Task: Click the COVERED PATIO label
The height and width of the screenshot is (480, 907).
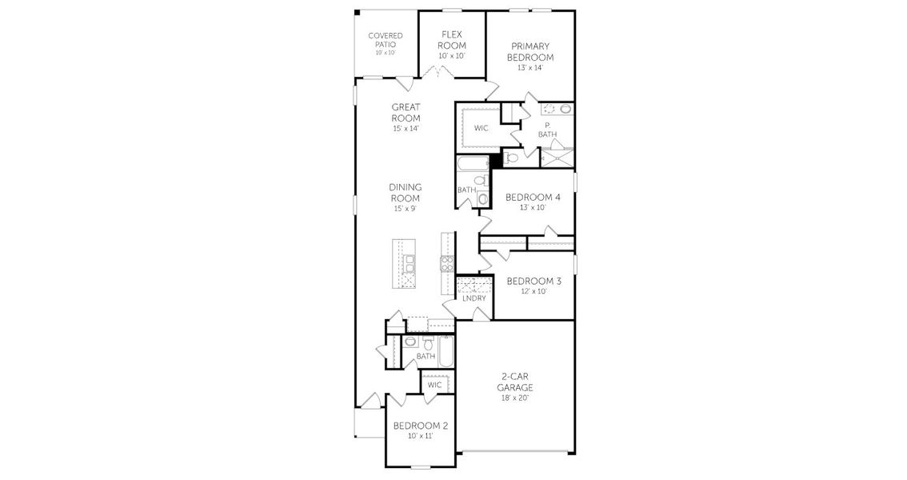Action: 385,40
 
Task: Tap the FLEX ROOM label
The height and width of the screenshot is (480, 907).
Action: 453,40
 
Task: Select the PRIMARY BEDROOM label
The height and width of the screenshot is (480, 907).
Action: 531,52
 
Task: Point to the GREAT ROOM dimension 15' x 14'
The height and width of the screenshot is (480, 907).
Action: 406,129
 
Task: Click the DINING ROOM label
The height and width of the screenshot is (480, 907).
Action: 406,193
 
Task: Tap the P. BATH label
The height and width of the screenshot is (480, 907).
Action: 547,130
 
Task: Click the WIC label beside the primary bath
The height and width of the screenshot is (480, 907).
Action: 481,128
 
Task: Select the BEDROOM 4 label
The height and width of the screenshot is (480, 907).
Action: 533,197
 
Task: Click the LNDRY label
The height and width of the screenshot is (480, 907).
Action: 474,298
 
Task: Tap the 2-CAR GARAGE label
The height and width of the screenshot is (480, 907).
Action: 517,382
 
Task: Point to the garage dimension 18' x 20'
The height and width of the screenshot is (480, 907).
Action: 517,397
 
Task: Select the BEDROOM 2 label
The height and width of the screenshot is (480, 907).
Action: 420,426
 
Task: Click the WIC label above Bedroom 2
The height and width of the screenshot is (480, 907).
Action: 434,385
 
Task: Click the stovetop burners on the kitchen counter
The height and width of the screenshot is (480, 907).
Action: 446,263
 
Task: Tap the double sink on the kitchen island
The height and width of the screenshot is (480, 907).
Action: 408,263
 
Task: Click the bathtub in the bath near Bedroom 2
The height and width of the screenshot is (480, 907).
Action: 445,351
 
